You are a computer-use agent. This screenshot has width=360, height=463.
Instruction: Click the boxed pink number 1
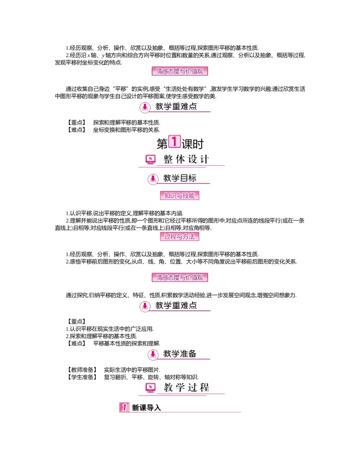tap(174, 141)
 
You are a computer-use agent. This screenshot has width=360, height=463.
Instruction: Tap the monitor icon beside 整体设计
tap(151, 159)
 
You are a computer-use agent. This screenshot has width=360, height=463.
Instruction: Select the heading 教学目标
tap(180, 178)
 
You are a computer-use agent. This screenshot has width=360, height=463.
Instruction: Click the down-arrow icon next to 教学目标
tap(153, 178)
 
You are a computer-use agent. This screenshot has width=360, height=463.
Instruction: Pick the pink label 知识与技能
tap(180, 196)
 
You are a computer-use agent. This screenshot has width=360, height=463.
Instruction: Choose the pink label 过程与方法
tap(180, 236)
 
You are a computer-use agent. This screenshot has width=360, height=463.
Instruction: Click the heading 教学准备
tap(180, 354)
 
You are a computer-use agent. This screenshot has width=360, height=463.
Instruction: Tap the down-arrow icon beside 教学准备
tap(153, 354)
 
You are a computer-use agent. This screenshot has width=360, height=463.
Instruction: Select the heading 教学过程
tap(186, 387)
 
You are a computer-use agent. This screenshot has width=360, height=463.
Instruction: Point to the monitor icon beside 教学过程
tap(151, 387)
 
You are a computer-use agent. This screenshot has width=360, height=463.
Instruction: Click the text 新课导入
tap(146, 408)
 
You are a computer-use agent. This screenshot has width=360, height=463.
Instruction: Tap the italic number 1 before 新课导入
tap(124, 408)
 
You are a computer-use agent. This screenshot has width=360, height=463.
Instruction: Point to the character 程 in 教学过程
tap(204, 387)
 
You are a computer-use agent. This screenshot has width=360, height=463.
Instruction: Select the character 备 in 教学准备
tap(192, 354)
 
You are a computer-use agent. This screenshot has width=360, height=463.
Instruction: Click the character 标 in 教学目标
tap(192, 178)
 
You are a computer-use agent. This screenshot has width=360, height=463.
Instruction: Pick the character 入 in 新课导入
tap(157, 408)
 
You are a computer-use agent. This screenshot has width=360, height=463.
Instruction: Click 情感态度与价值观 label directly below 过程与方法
tap(181, 277)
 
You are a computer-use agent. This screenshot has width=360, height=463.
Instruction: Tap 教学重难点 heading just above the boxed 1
tap(176, 107)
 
